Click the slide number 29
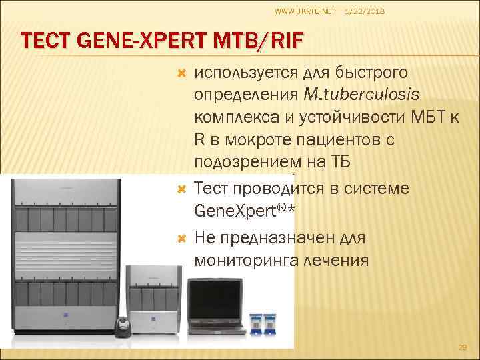click(x=463, y=347)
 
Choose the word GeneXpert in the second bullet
click(x=235, y=211)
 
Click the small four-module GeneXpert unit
click(x=154, y=297)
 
